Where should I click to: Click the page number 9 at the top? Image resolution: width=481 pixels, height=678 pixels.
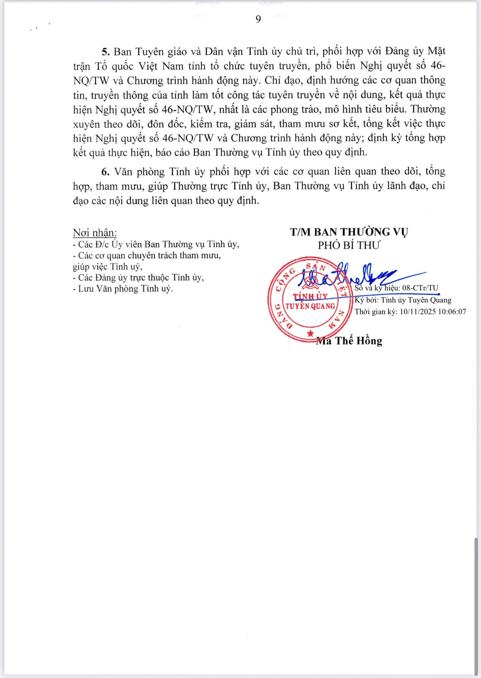pos(258,19)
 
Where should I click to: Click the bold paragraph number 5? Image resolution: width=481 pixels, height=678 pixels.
pos(106,51)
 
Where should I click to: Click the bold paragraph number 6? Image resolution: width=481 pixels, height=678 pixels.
pos(106,172)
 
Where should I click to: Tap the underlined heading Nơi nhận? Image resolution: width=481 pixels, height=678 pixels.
pos(95,232)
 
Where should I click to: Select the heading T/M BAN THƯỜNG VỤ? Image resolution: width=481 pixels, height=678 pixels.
pos(349,232)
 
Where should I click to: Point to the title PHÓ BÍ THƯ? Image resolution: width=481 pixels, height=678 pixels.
pos(349,245)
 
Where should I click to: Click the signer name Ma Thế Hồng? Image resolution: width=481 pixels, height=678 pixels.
pos(349,341)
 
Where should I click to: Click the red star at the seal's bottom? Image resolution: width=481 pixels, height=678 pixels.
pos(310,333)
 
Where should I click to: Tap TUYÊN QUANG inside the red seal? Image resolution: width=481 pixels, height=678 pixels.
pos(310,306)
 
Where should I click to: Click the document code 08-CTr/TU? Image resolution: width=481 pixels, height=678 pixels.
pos(420,288)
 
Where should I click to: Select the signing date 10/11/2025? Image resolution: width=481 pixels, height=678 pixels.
pos(416,311)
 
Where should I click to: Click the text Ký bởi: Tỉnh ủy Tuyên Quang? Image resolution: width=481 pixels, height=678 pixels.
pos(403,300)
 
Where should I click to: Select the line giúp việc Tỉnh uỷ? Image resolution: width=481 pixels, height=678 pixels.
pos(107,267)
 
